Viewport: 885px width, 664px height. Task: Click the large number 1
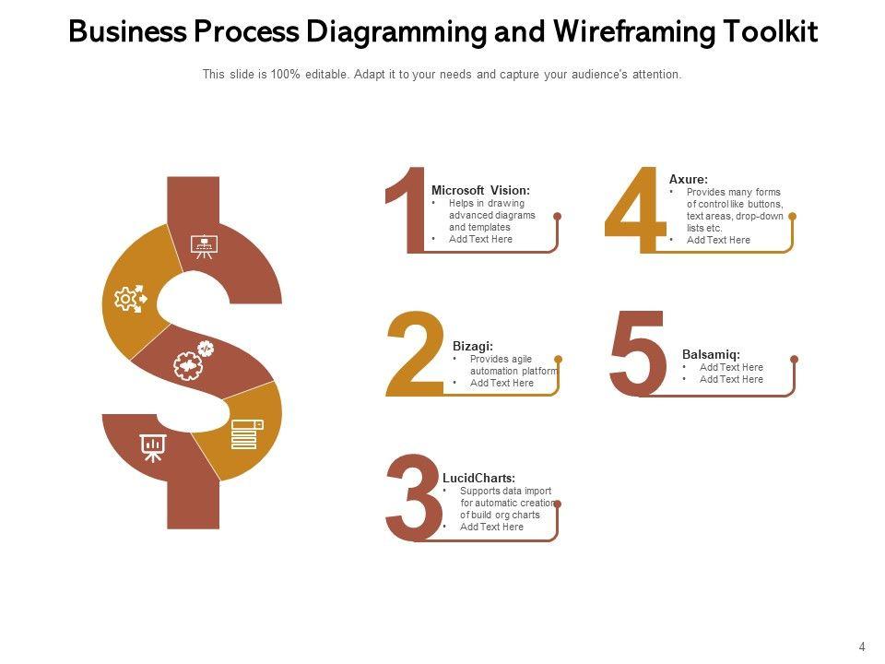[x=406, y=209]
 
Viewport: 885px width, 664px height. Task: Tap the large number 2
[x=414, y=356]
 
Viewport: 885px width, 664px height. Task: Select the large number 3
[x=414, y=497]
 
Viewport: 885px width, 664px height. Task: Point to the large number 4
[x=634, y=209]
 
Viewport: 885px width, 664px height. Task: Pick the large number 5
[x=638, y=354]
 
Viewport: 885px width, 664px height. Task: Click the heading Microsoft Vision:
[x=480, y=190]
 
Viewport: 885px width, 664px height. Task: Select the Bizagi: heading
[x=472, y=346]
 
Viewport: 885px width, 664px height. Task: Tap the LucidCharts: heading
[x=478, y=478]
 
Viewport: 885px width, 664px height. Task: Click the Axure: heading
[x=688, y=179]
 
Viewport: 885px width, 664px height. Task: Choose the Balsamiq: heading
[x=711, y=354]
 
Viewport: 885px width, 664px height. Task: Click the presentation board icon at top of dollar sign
[x=204, y=246]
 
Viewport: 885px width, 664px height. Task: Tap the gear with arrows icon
[x=129, y=299]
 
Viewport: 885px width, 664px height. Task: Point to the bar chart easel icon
[x=153, y=448]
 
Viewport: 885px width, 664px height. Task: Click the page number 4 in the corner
[x=862, y=647]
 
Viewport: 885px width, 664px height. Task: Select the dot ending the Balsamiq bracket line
[x=795, y=359]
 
